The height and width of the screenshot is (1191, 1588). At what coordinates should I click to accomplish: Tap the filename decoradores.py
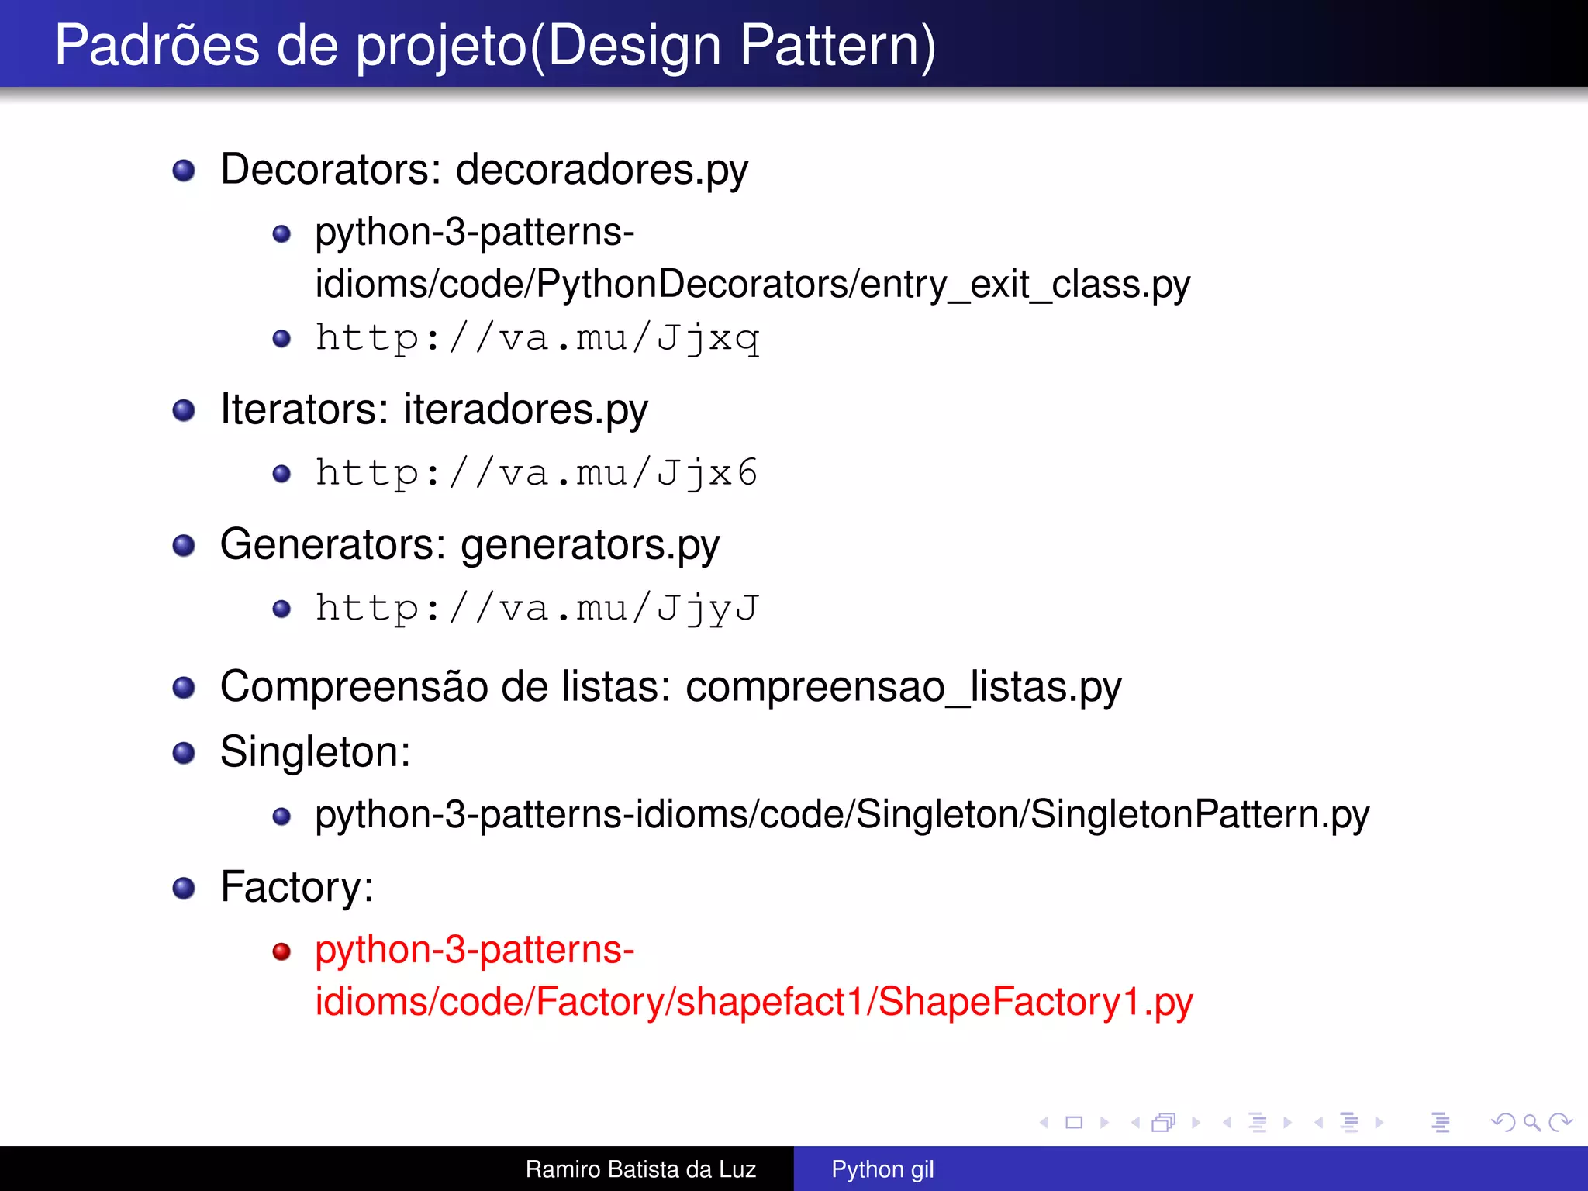(602, 170)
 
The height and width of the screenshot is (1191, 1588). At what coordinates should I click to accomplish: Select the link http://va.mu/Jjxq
(537, 339)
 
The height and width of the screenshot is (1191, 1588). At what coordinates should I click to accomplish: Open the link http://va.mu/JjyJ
(537, 609)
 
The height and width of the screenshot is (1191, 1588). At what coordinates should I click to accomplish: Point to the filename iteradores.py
(526, 410)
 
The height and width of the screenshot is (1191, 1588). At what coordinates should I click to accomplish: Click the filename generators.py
(589, 545)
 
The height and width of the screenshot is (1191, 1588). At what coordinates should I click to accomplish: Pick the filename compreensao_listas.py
(903, 688)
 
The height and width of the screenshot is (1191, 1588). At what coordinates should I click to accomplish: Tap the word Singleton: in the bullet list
(315, 752)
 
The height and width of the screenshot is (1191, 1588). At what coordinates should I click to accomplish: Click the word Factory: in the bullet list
(297, 887)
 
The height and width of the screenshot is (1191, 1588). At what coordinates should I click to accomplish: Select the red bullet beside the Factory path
(281, 951)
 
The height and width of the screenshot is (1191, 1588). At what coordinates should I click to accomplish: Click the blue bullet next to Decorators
(184, 171)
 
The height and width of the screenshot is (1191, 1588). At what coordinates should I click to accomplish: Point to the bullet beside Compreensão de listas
(184, 688)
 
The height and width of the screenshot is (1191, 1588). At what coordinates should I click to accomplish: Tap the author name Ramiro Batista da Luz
(640, 1169)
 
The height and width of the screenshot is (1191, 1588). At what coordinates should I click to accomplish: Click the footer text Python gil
(882, 1169)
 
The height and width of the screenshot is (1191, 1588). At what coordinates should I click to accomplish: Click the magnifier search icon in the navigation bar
(1531, 1122)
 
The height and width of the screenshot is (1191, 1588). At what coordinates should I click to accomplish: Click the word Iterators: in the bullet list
(304, 410)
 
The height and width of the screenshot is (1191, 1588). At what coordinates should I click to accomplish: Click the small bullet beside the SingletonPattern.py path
(281, 816)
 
